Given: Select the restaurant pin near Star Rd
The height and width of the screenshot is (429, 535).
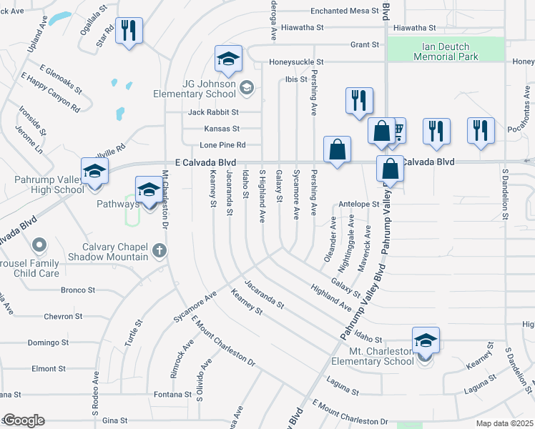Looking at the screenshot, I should coord(129,31).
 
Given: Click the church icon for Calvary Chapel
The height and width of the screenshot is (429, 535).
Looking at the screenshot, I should coord(159,251).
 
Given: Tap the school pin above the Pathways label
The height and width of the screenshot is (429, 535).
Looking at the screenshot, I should coord(149,191).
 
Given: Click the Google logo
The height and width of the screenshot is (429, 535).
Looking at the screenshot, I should coord(23,420).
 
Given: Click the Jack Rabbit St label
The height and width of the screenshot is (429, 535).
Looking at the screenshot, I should coord(213,112).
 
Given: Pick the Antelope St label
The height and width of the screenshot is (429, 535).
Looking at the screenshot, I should coord(359,204).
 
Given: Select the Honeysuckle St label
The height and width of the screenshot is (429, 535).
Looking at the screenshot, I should coord(296,62).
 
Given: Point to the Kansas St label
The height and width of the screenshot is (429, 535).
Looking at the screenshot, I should coord(222,129).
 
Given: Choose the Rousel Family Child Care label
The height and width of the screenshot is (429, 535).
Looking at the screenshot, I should coord(29,268).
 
